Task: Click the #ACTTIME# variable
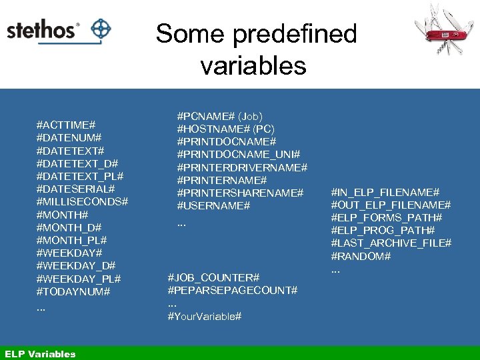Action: click(x=66, y=125)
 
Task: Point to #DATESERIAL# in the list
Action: click(x=75, y=189)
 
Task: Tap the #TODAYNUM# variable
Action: click(x=73, y=291)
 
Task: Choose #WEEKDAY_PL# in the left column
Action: click(x=79, y=278)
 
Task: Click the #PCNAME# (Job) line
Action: click(x=219, y=116)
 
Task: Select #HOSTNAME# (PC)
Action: click(x=225, y=129)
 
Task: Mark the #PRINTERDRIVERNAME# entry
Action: click(x=242, y=167)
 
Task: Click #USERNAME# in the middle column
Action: click(x=213, y=206)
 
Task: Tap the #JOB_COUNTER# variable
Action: click(x=213, y=277)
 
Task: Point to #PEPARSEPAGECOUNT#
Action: click(x=233, y=291)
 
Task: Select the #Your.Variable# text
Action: click(x=205, y=316)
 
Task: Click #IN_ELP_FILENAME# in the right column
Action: click(x=385, y=192)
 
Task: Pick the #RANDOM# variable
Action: click(x=361, y=256)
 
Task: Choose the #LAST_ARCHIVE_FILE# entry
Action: click(x=391, y=243)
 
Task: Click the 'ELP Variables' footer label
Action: click(x=40, y=354)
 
